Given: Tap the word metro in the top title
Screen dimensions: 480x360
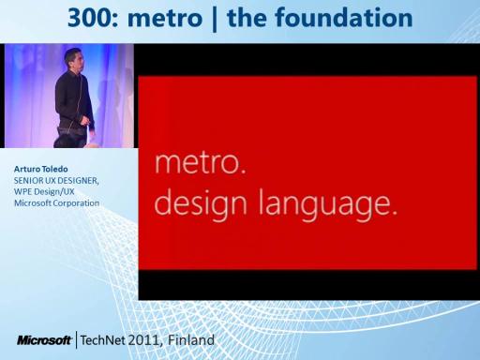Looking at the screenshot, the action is click(165, 19).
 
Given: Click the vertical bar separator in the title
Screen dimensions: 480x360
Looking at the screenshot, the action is click(215, 20).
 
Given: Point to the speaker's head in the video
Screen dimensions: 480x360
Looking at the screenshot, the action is click(74, 59).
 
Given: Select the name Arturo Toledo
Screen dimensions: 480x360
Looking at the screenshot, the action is click(40, 169).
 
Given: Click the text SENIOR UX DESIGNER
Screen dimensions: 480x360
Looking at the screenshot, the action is click(56, 181).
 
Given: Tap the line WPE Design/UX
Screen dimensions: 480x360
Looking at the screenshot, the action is click(44, 191).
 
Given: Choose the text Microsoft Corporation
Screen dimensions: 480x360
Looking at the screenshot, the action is click(56, 203).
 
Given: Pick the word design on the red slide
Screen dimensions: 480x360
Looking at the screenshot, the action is click(201, 204).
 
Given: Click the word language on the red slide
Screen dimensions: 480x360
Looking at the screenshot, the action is click(323, 204).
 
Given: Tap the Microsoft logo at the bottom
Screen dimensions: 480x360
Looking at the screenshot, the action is click(45, 340).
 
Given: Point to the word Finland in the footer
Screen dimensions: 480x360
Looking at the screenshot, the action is click(191, 339).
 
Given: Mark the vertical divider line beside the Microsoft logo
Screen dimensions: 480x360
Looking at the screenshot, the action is click(77, 340).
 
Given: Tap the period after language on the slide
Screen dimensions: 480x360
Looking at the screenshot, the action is click(394, 213).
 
